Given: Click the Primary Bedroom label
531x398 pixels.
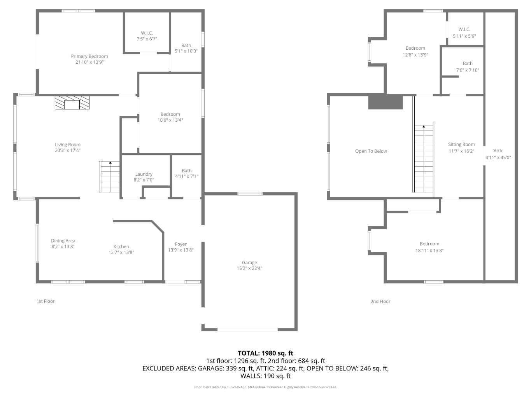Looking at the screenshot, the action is [x=89, y=56].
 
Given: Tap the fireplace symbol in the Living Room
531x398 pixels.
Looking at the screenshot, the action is [x=72, y=103].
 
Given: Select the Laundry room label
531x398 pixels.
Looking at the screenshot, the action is [x=144, y=174].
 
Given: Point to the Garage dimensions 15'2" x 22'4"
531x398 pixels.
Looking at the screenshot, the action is [x=249, y=268].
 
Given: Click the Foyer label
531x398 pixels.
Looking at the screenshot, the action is [x=181, y=244].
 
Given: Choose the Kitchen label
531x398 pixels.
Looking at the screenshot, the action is [x=121, y=246].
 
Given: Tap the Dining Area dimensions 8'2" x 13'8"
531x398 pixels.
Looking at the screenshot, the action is [x=63, y=246].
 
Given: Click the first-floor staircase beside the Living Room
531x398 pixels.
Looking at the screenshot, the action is [x=109, y=176].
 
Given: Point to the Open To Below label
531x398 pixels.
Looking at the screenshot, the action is [x=371, y=151].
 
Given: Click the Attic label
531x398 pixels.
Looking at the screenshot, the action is [x=498, y=151].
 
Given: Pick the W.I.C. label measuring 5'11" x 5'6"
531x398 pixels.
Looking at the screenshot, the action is [x=464, y=30].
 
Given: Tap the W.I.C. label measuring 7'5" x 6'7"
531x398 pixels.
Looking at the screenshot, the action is [x=147, y=33].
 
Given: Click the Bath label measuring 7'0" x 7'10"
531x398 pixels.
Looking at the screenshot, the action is [x=468, y=64].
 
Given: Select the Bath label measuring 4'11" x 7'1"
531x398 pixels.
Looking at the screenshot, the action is [x=186, y=171].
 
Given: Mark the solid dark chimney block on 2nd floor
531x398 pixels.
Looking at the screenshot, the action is [x=386, y=102].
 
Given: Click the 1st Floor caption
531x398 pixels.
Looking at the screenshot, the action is [x=46, y=301].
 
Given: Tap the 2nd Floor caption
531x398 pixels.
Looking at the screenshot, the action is [x=380, y=301].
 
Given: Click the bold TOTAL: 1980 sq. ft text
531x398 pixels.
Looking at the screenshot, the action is [x=265, y=353].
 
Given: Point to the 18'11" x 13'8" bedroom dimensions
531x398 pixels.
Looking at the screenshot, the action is [x=429, y=251].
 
